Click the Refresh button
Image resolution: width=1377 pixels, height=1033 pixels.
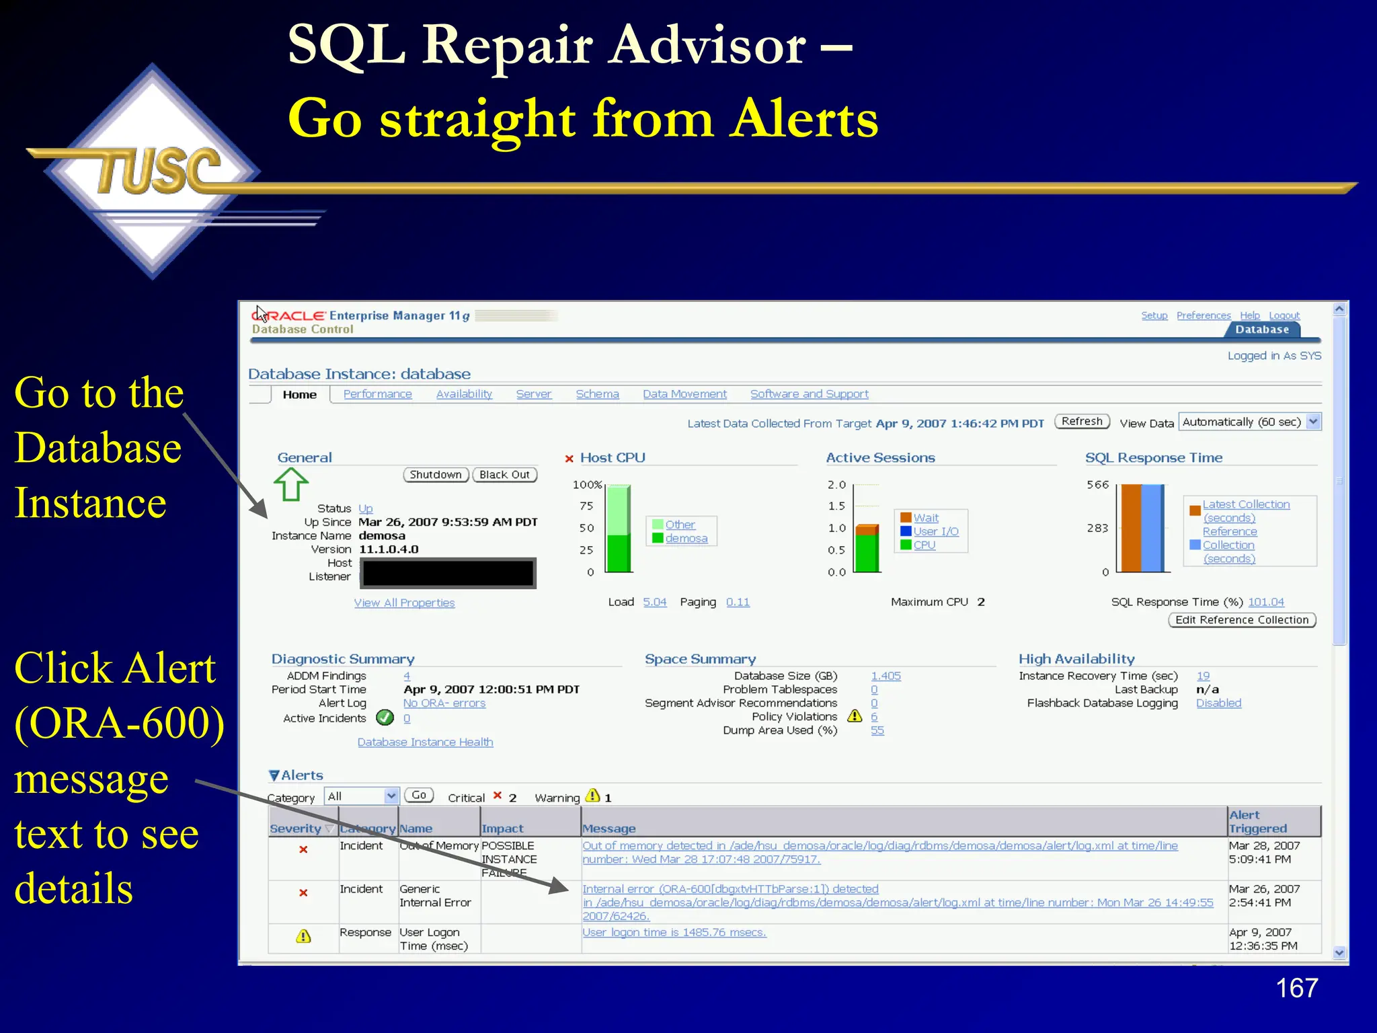tap(1082, 422)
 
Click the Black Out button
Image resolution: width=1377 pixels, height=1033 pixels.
tap(504, 475)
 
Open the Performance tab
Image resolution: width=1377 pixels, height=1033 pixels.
tap(377, 394)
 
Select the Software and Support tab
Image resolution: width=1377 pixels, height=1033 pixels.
tap(809, 394)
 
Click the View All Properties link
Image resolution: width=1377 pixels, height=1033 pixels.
tap(404, 603)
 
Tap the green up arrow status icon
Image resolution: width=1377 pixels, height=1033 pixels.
tap(290, 484)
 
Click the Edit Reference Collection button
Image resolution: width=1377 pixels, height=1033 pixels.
tap(1241, 620)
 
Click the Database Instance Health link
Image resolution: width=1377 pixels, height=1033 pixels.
tap(425, 742)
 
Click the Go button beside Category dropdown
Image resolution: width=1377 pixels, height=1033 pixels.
tap(418, 796)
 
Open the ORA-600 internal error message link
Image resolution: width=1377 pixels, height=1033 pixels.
tap(730, 889)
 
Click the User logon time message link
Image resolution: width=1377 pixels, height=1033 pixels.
tap(674, 933)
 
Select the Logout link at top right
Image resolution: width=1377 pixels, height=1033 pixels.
tap(1284, 315)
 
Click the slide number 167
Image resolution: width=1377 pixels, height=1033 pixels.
tap(1296, 989)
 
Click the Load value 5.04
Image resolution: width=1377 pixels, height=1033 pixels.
tap(654, 603)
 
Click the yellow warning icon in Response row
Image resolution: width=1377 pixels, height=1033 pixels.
tap(303, 936)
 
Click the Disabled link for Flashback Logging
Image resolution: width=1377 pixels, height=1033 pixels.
tap(1218, 703)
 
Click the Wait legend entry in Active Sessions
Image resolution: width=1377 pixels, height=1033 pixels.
tap(925, 518)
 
